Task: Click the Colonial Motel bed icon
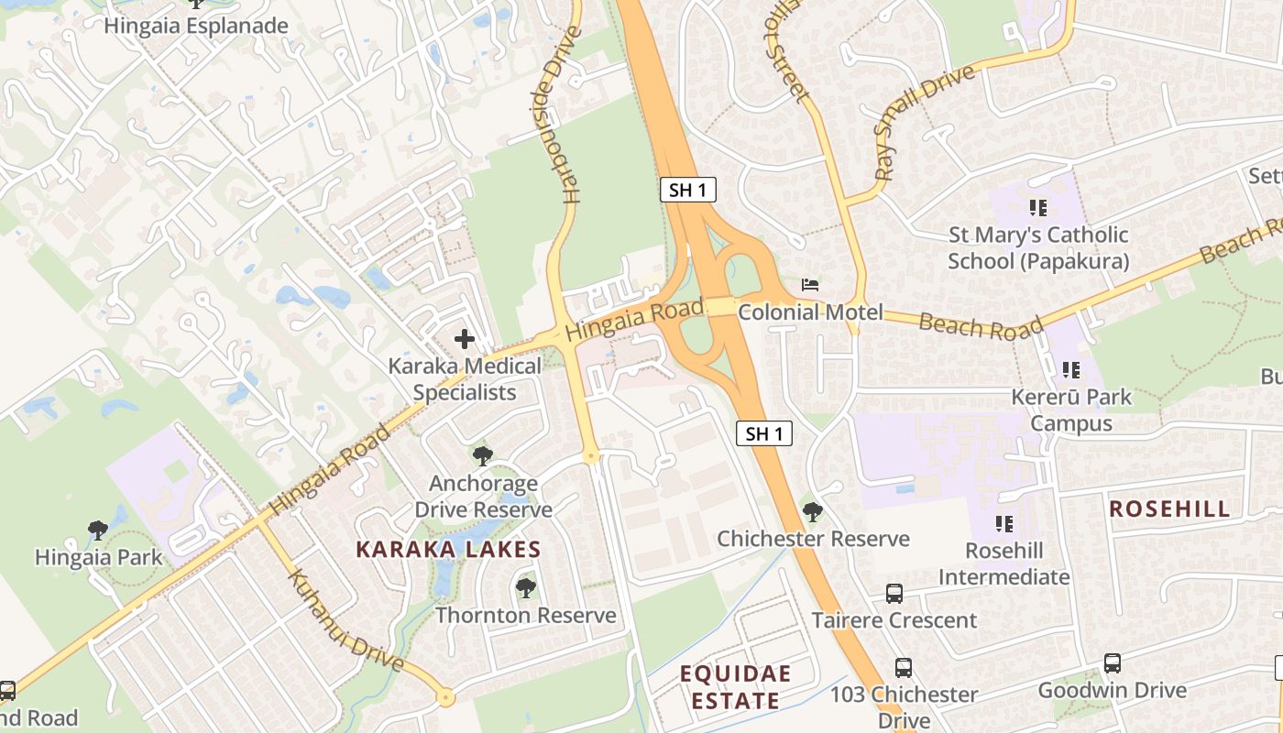pos(811,285)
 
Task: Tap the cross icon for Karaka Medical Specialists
pos(465,339)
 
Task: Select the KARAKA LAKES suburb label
pos(448,550)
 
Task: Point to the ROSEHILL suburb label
pos(1169,509)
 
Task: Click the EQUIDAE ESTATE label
pos(735,687)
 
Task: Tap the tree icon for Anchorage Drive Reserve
pos(483,455)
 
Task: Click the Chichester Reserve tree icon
pos(812,511)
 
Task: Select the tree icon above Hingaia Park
pos(98,530)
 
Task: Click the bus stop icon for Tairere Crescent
pos(894,593)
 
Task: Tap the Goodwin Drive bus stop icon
pos(1113,662)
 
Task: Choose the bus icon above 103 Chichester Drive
pos(904,667)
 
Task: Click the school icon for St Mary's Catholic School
pos(1037,208)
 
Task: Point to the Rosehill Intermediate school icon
pos(1004,524)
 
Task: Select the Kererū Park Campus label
pos(1071,410)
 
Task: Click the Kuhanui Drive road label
pos(346,620)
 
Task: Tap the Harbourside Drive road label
pos(560,115)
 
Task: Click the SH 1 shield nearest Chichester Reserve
pos(764,433)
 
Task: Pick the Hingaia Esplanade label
pos(196,26)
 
